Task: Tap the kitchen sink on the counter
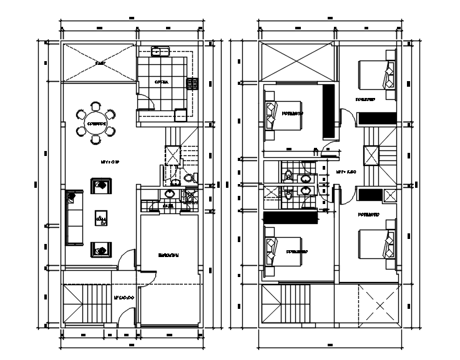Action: click(160, 52)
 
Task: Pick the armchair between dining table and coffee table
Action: click(101, 186)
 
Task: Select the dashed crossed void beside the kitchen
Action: click(99, 63)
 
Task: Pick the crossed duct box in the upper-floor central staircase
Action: click(371, 155)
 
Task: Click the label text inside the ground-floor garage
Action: click(169, 255)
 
